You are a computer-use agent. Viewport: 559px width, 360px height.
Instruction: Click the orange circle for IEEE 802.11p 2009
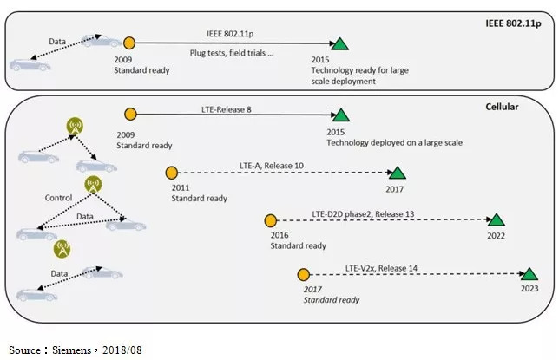(x=130, y=43)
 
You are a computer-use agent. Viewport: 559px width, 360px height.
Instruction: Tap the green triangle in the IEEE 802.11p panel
(x=341, y=44)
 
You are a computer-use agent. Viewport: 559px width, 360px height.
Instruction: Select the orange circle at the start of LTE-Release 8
(x=130, y=114)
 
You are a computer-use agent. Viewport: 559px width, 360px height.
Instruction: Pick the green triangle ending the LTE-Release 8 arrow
(x=341, y=115)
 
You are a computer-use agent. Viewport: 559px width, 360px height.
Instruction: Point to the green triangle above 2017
(x=397, y=173)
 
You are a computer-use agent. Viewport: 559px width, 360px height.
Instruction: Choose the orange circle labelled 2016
(x=270, y=221)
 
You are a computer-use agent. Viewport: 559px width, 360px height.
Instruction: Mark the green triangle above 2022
(x=496, y=221)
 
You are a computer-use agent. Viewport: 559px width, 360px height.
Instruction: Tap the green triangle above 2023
(x=529, y=274)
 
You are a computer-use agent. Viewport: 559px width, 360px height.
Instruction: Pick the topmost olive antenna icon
(x=76, y=127)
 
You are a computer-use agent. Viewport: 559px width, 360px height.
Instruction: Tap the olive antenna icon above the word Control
(x=92, y=184)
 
